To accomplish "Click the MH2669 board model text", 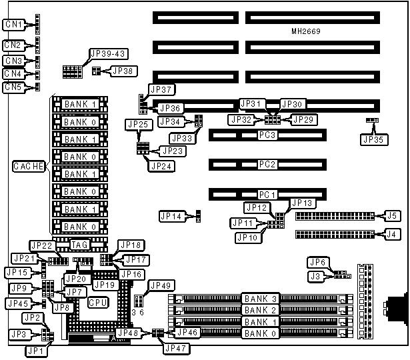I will coord(307,31).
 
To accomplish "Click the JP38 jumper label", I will coord(122,70).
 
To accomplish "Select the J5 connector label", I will coord(393,215).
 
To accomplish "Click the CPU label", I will coord(96,302).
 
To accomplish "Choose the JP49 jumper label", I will coord(161,285).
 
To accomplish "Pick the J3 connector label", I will coord(315,275).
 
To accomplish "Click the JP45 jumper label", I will coord(17,303).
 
